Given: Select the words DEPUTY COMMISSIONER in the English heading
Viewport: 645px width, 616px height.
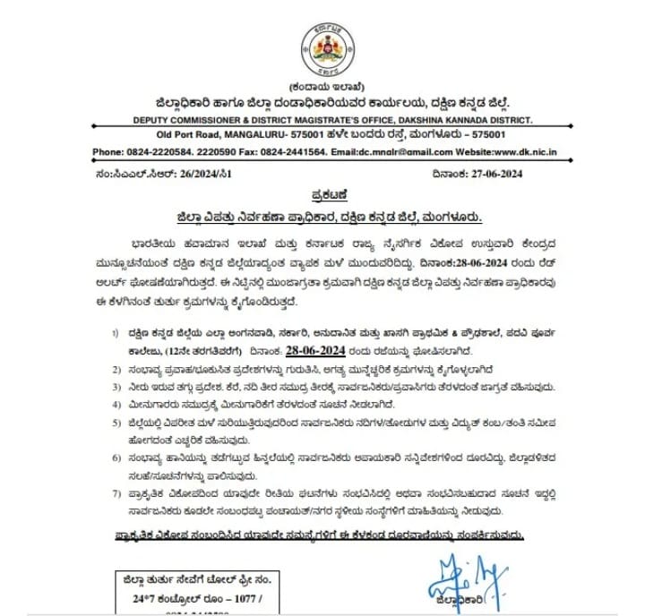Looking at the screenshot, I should click(x=163, y=118).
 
